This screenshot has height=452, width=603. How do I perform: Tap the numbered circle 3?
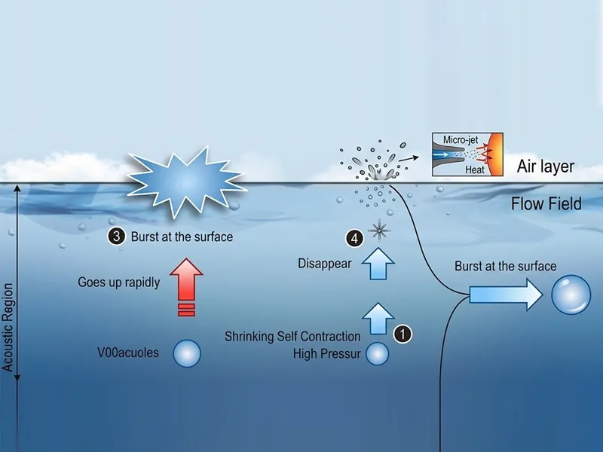coord(116,237)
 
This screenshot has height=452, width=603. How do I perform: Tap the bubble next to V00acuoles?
coord(187,352)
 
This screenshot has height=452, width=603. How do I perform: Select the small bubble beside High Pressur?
coord(377,353)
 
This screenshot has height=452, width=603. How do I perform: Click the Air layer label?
coord(545,167)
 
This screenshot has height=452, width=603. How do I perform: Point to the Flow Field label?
coord(546,203)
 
